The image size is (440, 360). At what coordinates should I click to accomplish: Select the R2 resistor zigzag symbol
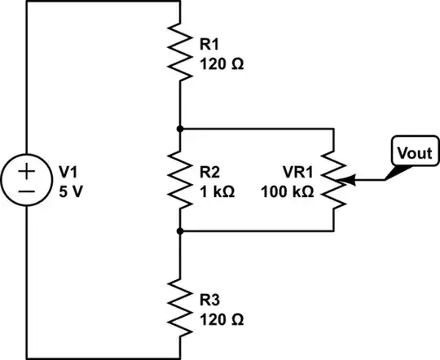tap(179, 180)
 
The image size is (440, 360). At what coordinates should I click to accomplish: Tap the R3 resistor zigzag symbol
tap(179, 308)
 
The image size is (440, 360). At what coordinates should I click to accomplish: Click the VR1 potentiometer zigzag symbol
tap(333, 180)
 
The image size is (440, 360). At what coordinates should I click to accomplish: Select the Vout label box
tap(412, 152)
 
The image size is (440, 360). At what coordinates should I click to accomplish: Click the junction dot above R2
tap(179, 129)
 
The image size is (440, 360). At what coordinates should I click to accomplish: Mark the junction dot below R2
tap(179, 231)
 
